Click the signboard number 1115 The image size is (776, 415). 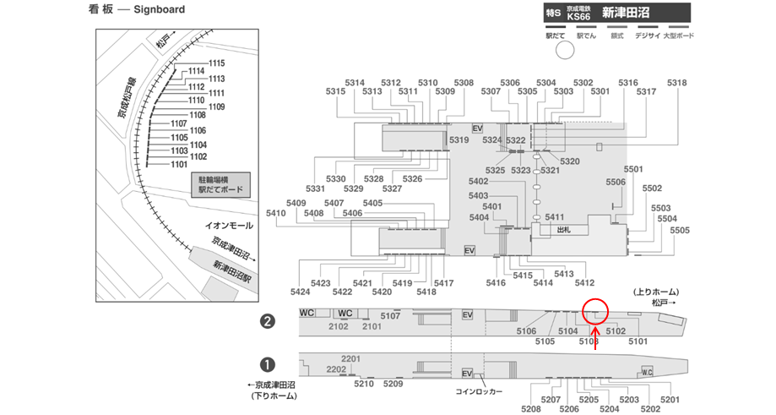(x=217, y=63)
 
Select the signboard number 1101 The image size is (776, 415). (x=179, y=165)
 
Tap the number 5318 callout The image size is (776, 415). (x=677, y=83)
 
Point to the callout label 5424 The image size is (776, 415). (x=300, y=292)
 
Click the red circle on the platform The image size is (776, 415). (x=595, y=311)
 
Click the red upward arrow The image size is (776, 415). (x=595, y=336)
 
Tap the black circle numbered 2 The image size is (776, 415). (x=268, y=321)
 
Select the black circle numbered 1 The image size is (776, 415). (x=268, y=364)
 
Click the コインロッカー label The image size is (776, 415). (x=480, y=392)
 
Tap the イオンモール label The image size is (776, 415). (x=229, y=226)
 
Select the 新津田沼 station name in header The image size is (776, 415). (x=624, y=13)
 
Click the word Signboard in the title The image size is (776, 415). (x=160, y=10)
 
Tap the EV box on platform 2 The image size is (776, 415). (x=468, y=315)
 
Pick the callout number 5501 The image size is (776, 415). (x=633, y=169)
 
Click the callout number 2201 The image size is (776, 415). (x=351, y=358)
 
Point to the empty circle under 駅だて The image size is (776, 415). (x=564, y=50)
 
